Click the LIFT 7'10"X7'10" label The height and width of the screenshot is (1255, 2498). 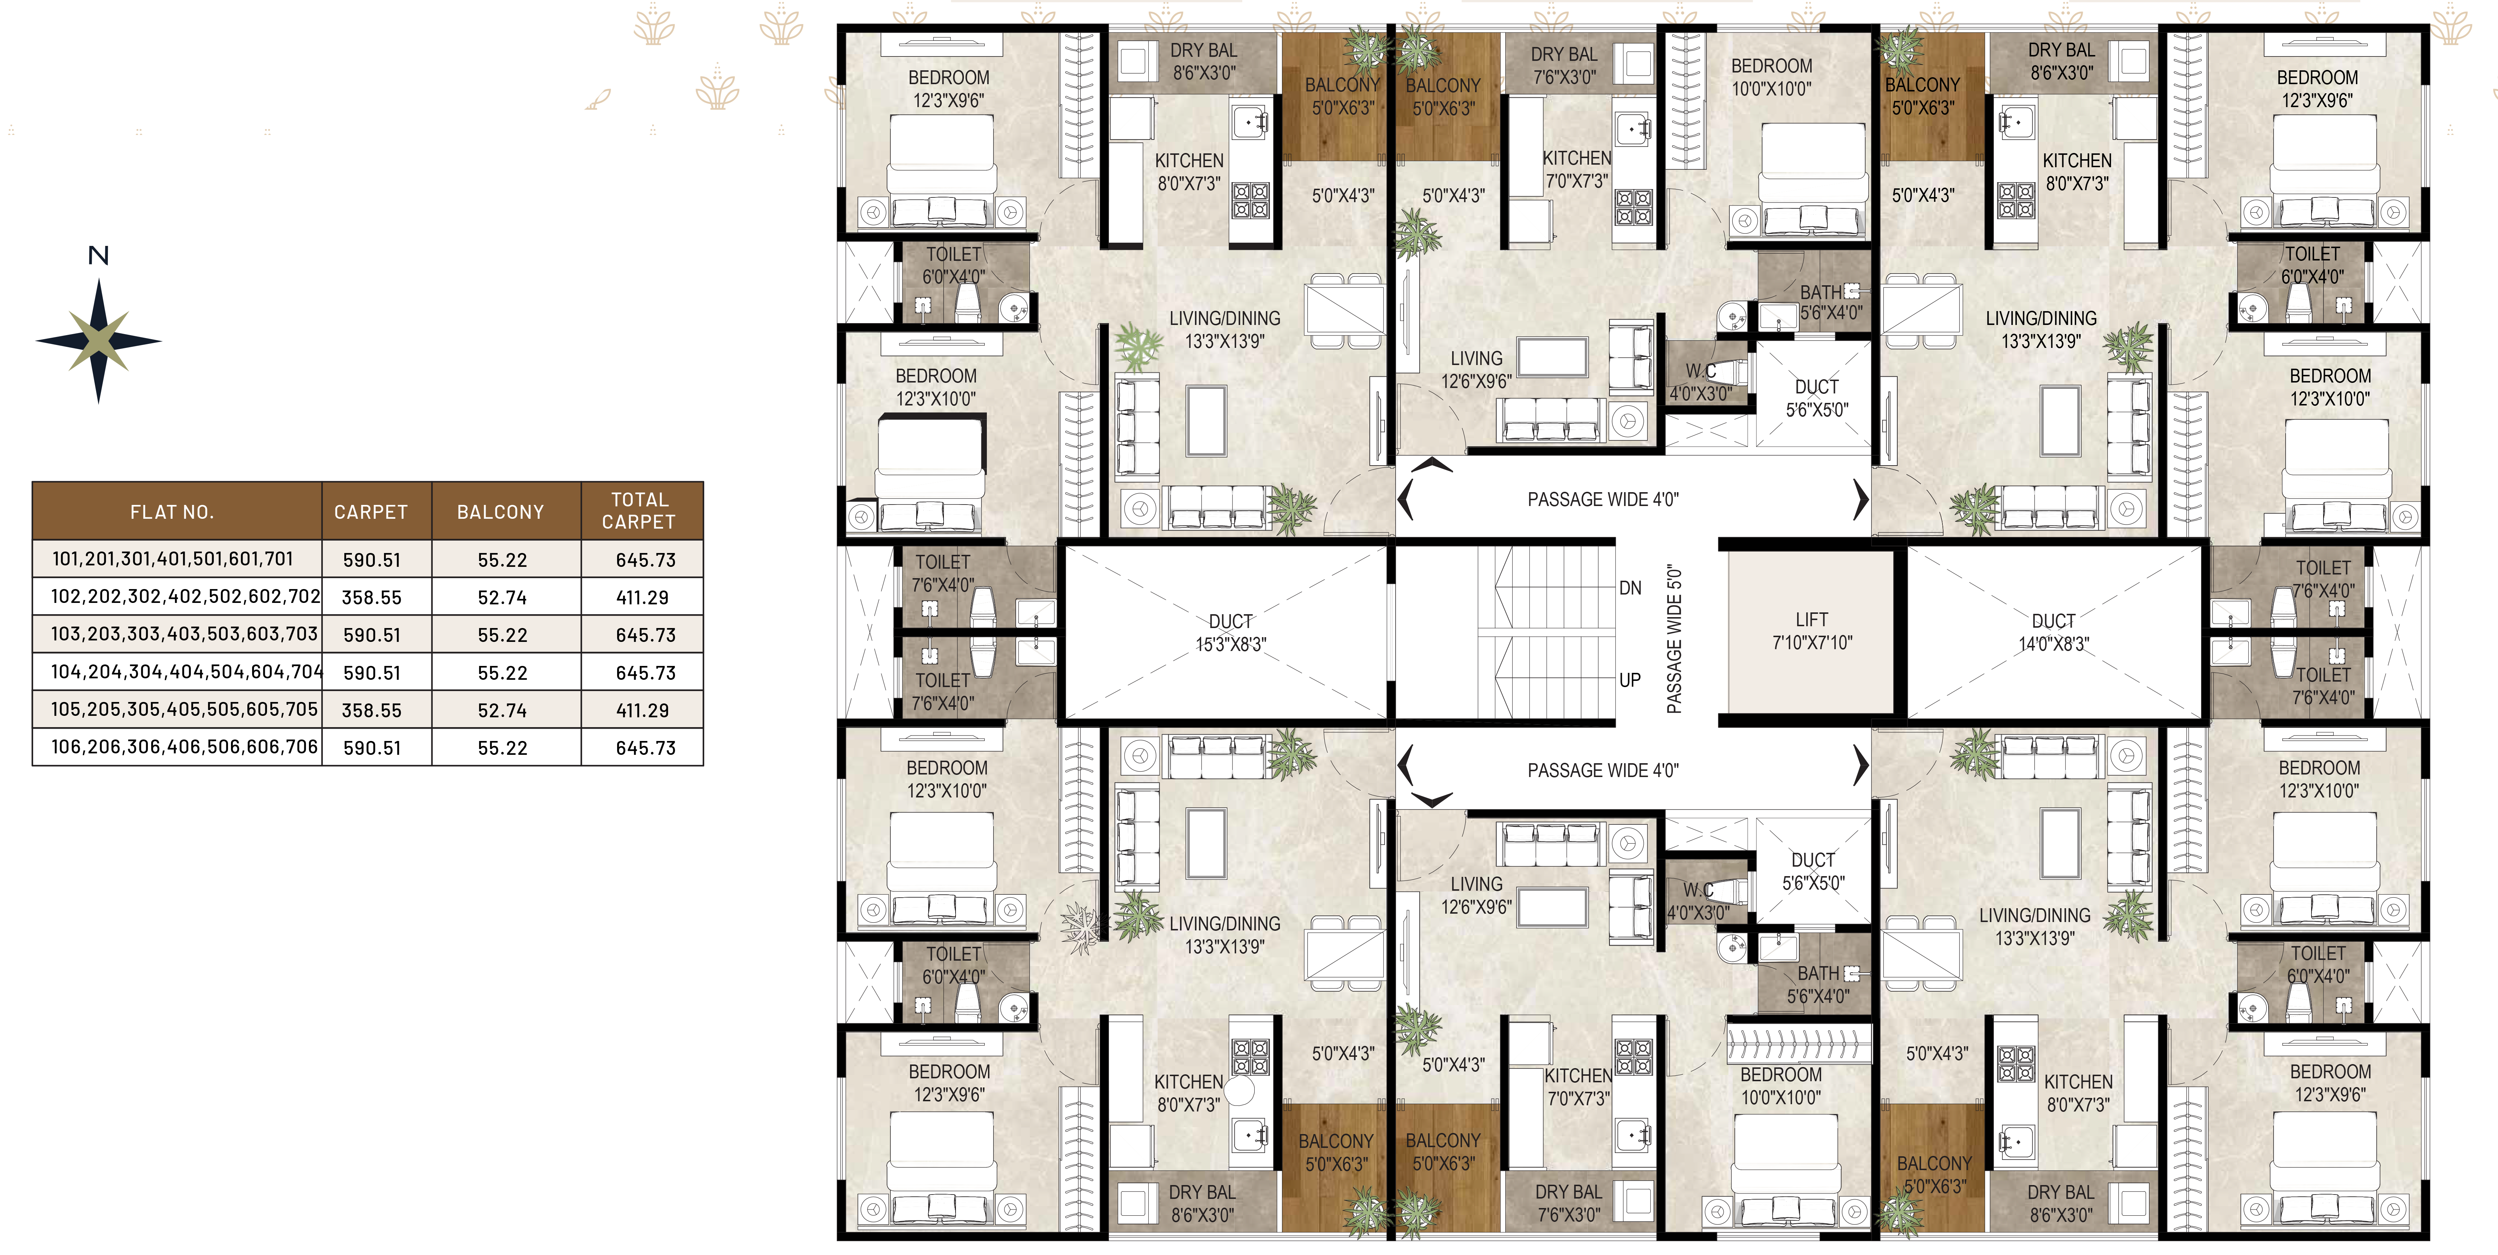click(1811, 631)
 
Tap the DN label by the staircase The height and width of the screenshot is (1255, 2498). click(1630, 588)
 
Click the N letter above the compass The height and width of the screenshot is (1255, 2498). click(98, 255)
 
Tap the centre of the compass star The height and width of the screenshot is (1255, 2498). click(98, 340)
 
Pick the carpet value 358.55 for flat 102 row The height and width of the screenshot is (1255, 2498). click(371, 597)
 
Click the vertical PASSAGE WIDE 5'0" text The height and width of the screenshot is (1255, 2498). click(1674, 640)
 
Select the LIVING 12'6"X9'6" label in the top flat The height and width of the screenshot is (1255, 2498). click(1476, 369)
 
